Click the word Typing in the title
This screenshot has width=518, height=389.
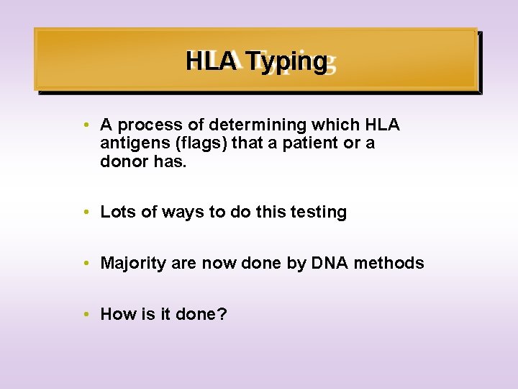pyautogui.click(x=286, y=62)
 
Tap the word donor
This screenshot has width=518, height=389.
pyautogui.click(x=124, y=161)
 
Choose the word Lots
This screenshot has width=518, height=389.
pyautogui.click(x=116, y=213)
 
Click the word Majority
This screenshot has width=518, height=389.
pyautogui.click(x=133, y=263)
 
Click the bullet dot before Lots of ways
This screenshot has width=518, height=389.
pyautogui.click(x=86, y=213)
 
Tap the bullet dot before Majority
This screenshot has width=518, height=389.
pyautogui.click(x=86, y=263)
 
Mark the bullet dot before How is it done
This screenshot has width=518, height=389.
pyautogui.click(x=86, y=314)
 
